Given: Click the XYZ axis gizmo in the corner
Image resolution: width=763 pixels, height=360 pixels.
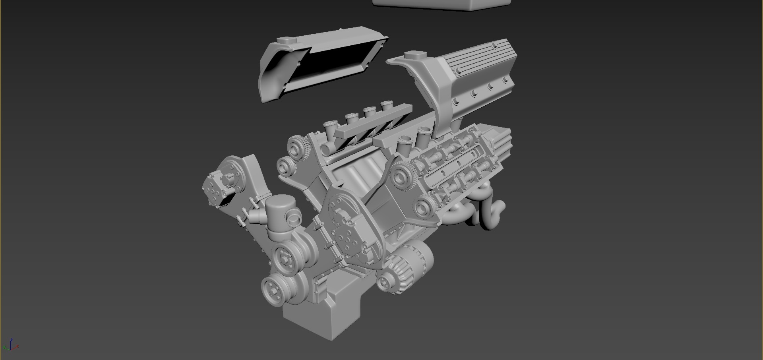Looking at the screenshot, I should click(13, 346).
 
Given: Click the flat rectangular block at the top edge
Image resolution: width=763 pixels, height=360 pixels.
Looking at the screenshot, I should click(441, 4).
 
